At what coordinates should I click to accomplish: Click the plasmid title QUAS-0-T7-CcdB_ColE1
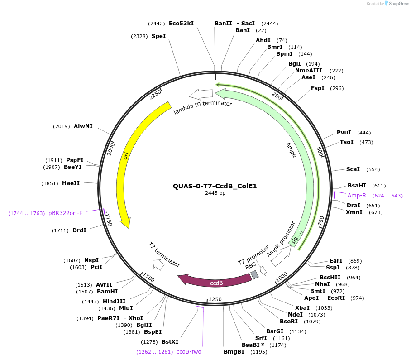(215, 186)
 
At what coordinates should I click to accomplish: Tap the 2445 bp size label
(215, 193)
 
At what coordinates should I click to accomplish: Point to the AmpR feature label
(291, 150)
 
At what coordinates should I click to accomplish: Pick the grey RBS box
(255, 274)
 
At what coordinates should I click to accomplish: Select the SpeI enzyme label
(158, 36)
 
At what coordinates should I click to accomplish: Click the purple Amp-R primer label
(357, 196)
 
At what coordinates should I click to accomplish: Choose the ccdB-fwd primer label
(189, 351)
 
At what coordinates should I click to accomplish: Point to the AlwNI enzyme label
(83, 126)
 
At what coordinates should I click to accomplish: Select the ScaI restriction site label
(353, 169)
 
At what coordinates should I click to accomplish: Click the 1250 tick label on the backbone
(215, 299)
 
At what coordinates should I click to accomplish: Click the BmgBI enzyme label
(234, 351)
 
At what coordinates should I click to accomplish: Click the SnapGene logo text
(399, 3)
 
